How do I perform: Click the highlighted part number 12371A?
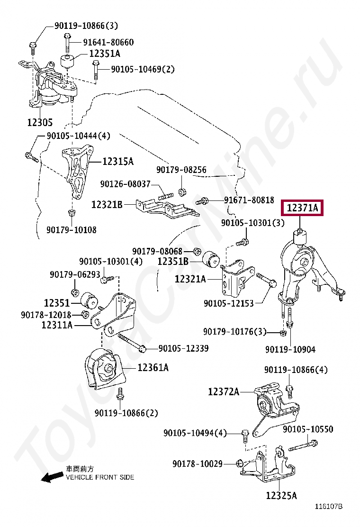click(302, 208)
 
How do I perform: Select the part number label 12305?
click(39, 122)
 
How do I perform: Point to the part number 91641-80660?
click(108, 42)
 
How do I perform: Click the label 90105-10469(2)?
click(143, 69)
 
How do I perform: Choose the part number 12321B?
click(107, 205)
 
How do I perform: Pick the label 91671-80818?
click(249, 200)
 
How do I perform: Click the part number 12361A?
click(153, 367)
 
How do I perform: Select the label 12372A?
click(223, 391)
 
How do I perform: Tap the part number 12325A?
click(281, 496)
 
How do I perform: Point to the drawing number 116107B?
click(329, 506)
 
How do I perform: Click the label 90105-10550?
click(308, 429)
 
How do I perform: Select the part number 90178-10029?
click(198, 463)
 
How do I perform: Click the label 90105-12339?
click(183, 348)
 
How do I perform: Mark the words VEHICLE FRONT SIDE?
click(99, 477)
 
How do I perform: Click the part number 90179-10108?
click(71, 230)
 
